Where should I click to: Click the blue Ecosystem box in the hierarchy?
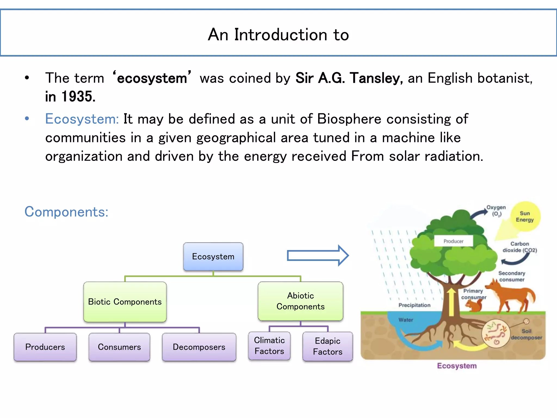coord(213,257)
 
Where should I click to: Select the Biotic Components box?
coord(125,302)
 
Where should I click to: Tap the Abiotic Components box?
coord(300,301)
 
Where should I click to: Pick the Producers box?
coord(45,347)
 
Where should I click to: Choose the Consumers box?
coord(119,347)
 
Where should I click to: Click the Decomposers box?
coord(199,347)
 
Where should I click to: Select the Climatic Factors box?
coord(269,346)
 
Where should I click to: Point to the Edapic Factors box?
coord(327,346)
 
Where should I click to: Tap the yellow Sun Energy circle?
coord(525,216)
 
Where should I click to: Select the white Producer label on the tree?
coord(453,241)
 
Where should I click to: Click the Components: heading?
coord(66,212)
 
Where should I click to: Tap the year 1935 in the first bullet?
coord(78,96)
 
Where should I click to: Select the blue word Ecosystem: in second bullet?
coord(82,119)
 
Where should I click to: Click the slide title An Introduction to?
coord(278,35)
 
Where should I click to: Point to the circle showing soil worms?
coord(495,333)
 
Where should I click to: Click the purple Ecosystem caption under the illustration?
coord(457,366)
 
